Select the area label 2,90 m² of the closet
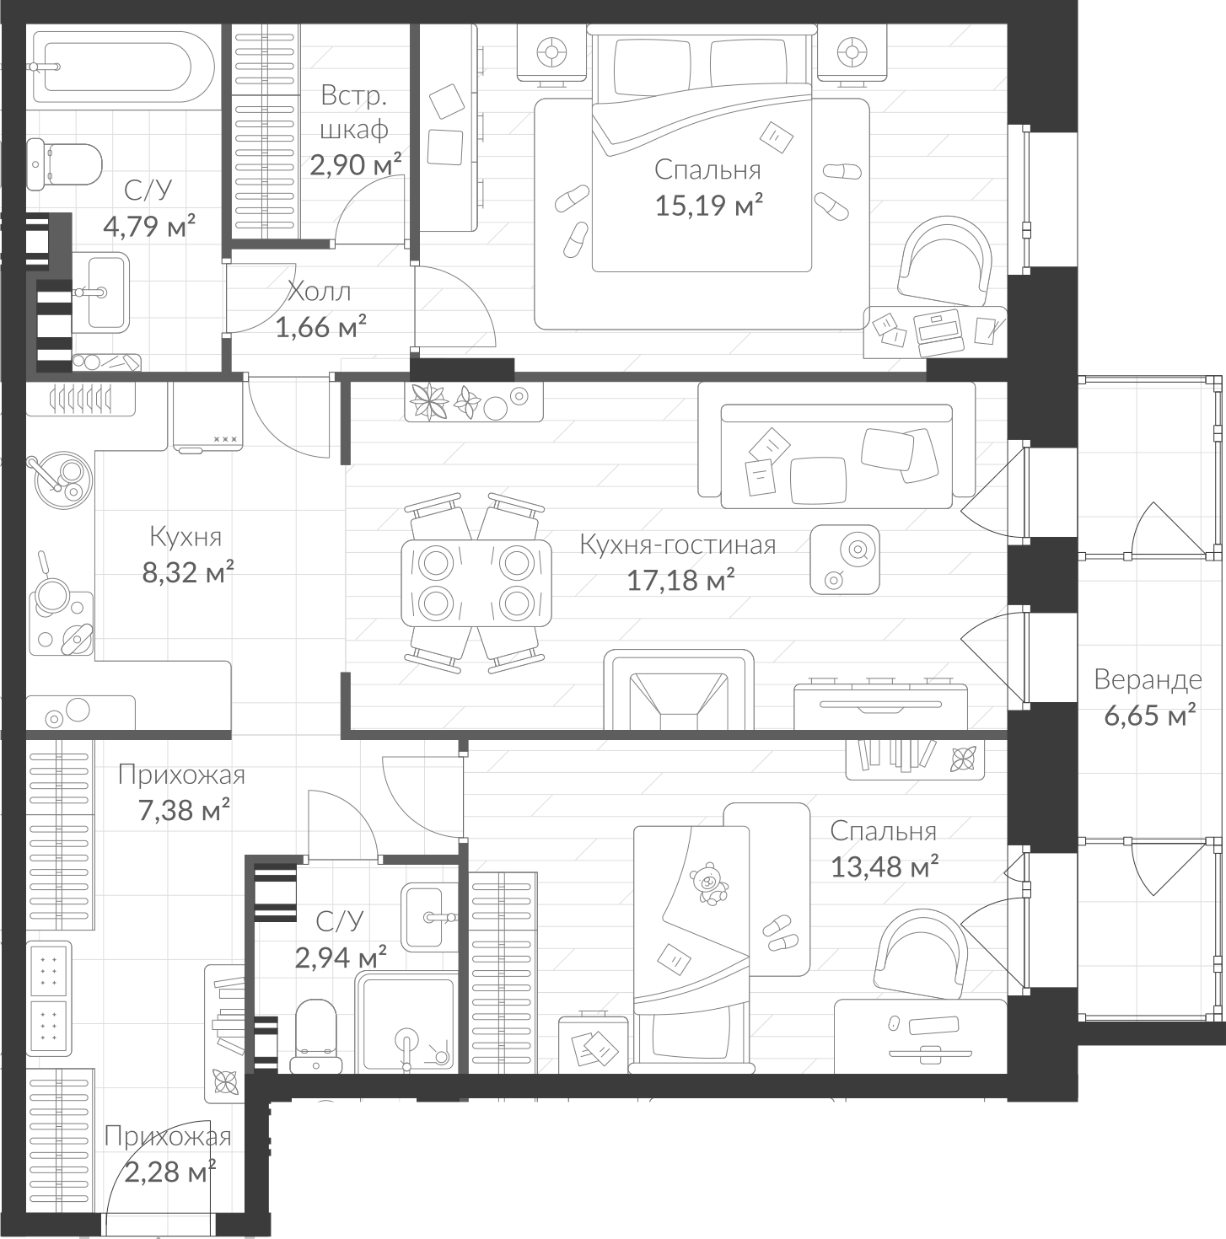(355, 164)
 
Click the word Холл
(319, 292)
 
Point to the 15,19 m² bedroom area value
(709, 205)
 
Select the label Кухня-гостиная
(677, 545)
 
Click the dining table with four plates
(476, 582)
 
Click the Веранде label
(1148, 679)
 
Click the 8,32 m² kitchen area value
(187, 573)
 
